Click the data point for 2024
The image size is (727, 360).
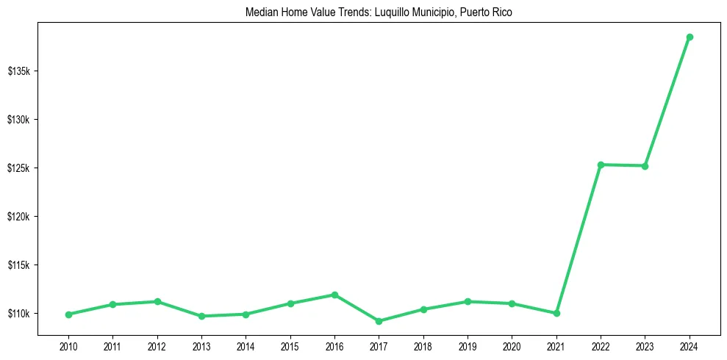(690, 37)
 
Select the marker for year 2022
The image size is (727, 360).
(601, 165)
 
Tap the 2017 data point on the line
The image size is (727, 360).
(379, 321)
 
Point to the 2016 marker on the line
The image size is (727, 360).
(334, 295)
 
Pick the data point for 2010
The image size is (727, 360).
(68, 314)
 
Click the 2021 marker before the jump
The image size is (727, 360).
(556, 313)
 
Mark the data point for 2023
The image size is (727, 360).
(645, 166)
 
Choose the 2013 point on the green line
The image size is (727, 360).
(201, 316)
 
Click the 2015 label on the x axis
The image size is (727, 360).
(290, 345)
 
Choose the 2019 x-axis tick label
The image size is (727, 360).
(468, 345)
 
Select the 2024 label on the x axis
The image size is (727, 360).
(690, 345)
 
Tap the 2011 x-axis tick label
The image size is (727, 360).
(112, 345)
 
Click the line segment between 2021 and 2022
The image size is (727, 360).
(579, 239)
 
